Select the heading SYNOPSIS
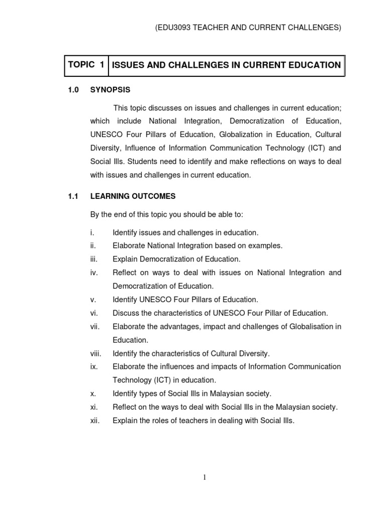[x=110, y=90]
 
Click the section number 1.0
[x=73, y=90]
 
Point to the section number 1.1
[x=73, y=196]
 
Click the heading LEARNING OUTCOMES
[x=133, y=196]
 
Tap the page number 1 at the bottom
[x=205, y=477]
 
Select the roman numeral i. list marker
[x=92, y=232]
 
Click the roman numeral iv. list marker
[x=93, y=273]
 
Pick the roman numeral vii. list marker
[x=95, y=327]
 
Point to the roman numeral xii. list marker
[x=95, y=421]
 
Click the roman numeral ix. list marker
[x=93, y=366]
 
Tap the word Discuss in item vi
[x=126, y=313]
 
